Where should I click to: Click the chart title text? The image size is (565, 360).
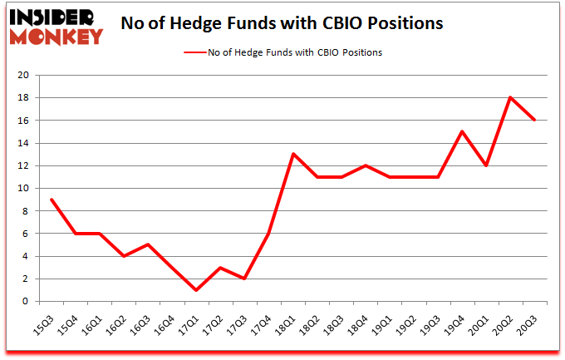pos(282,22)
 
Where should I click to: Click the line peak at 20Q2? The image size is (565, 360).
pos(510,97)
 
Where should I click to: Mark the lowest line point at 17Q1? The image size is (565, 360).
pos(197,290)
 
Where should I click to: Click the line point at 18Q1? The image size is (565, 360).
pos(293,154)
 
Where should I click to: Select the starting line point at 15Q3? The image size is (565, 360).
pos(52,200)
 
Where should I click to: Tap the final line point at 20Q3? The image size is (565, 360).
pos(534,120)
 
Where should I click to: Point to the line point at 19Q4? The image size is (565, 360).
pos(462,131)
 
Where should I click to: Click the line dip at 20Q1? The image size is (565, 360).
pos(486,165)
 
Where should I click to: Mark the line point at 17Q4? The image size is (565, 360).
pos(269,233)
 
